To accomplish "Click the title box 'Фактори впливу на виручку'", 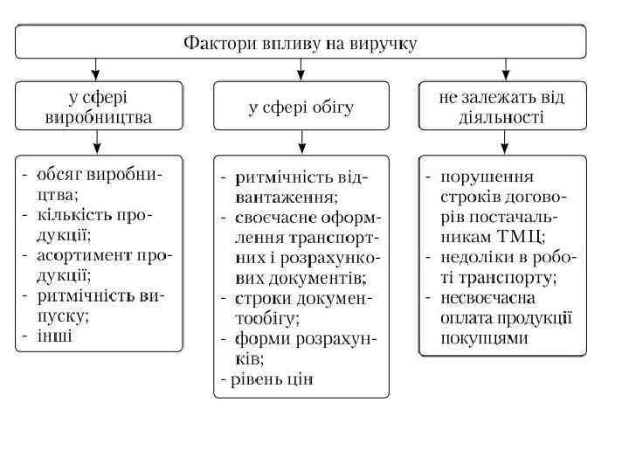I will point(301,42).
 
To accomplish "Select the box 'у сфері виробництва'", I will point(98,106).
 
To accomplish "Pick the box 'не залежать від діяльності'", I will point(502,106).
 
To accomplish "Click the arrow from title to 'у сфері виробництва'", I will point(97,69).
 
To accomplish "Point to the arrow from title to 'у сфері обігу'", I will point(301,69).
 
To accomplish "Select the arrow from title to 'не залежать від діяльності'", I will point(504,69).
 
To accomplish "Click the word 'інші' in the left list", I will point(54,337).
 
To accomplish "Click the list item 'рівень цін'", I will point(271,379).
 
